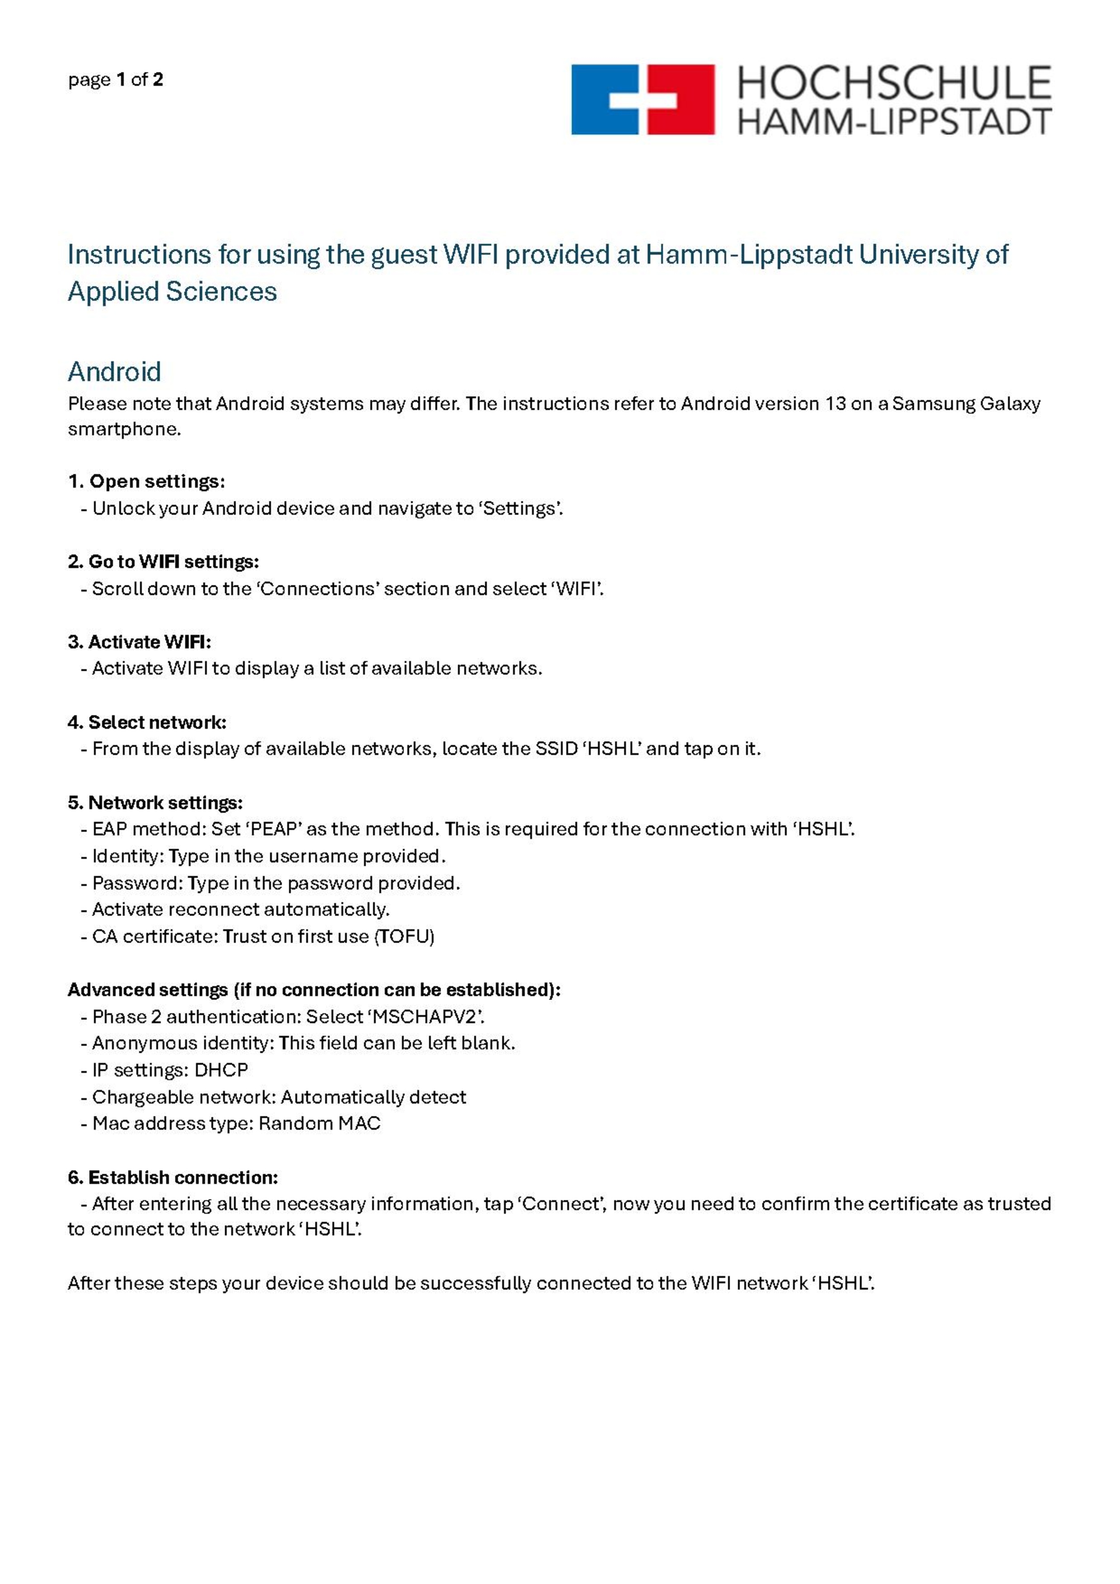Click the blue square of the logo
(x=597, y=99)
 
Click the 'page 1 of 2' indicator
(x=115, y=80)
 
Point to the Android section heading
(x=114, y=372)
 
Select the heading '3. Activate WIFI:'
(x=139, y=642)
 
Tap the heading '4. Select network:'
(x=147, y=722)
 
